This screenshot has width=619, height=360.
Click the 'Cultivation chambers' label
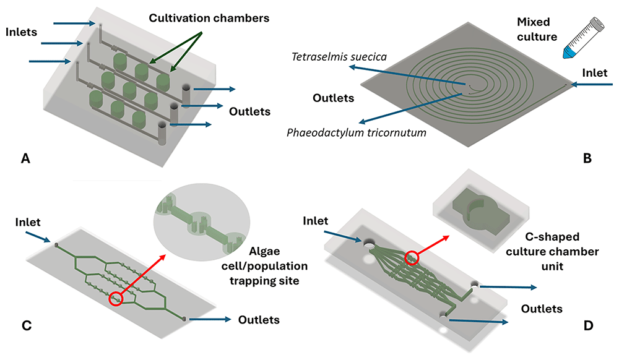(209, 18)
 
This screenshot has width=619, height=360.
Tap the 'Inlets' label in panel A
(21, 32)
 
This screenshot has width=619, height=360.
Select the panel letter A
(25, 158)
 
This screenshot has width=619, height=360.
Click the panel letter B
(587, 158)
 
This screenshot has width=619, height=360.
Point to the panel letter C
(27, 326)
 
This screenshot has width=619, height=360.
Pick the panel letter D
(588, 326)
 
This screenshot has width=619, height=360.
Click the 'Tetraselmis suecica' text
(339, 57)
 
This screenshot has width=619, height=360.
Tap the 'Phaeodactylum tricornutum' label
(357, 132)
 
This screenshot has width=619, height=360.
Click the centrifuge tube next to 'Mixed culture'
(583, 38)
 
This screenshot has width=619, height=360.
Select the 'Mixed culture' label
(537, 29)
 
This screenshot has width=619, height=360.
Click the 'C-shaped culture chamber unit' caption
(552, 252)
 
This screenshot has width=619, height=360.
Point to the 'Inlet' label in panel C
(28, 223)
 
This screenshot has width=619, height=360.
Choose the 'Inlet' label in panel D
(316, 221)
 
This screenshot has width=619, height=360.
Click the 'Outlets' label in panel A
(250, 111)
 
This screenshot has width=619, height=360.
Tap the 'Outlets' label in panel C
(259, 320)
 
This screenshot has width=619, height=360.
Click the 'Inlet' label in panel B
(595, 73)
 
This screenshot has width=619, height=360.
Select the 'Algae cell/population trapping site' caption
(264, 266)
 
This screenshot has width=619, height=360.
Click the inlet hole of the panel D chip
(370, 244)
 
